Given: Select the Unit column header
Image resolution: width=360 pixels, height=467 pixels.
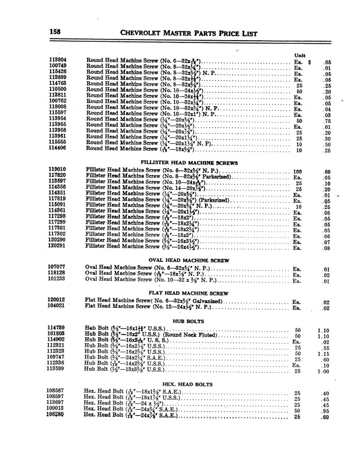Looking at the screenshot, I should point(299,55).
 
